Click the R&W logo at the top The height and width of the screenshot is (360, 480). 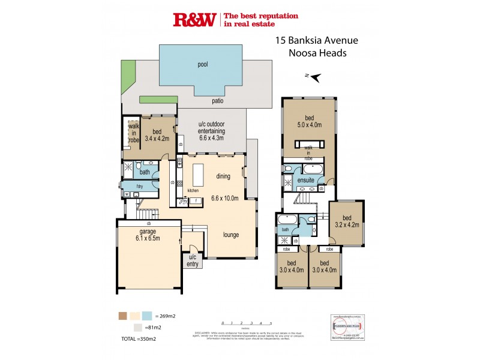(x=194, y=20)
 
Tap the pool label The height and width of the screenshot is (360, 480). (x=203, y=64)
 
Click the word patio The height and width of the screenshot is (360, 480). (x=217, y=101)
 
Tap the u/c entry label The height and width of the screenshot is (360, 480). (x=193, y=259)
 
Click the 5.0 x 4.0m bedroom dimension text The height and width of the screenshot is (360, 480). (x=309, y=125)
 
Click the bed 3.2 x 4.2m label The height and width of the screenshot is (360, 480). (x=346, y=223)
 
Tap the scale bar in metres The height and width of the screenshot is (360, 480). (x=247, y=323)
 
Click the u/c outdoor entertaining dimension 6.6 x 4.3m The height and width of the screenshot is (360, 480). (x=211, y=137)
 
